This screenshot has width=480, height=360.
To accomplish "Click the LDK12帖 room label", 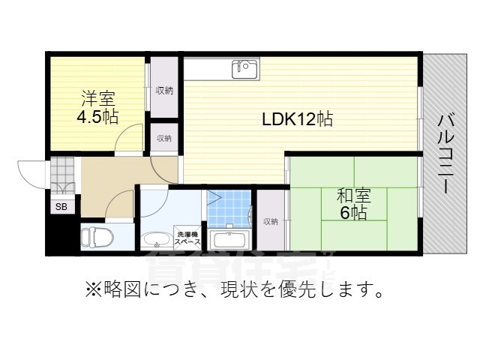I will point(297,118).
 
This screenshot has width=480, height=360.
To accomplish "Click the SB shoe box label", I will point(59,206).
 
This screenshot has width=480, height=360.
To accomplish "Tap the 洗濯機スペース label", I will point(187,237).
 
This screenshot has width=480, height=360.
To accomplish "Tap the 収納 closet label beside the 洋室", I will point(164,91).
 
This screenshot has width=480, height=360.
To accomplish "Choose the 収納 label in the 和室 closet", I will point(271,221).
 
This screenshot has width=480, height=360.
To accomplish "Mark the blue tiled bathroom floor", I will point(229,209).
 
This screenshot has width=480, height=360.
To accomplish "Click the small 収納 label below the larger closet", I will point(164,138).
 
